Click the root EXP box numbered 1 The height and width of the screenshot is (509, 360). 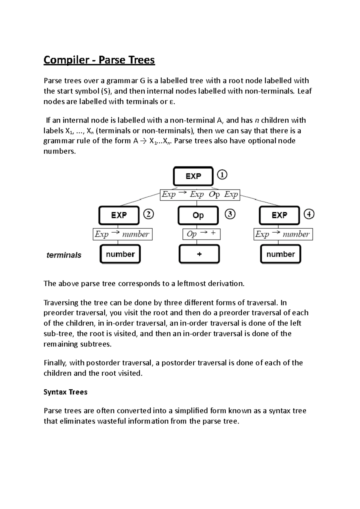point(193,176)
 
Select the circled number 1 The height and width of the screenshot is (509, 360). point(222,174)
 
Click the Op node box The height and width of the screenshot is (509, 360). point(198,215)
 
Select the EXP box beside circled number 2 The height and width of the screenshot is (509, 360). point(119,215)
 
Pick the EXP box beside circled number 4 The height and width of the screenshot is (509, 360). point(279,215)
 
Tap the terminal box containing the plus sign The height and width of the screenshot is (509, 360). point(199,254)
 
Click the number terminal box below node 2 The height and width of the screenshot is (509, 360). point(120,254)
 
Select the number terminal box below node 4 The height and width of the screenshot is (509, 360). point(280,254)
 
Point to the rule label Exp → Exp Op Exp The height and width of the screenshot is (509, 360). point(200,195)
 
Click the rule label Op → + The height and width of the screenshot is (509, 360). point(201,234)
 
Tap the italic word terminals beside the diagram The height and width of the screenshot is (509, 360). point(64,255)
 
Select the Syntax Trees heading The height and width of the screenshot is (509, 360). point(65,392)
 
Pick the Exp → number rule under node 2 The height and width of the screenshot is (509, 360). point(122,234)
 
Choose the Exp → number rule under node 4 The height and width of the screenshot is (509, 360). point(283,234)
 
